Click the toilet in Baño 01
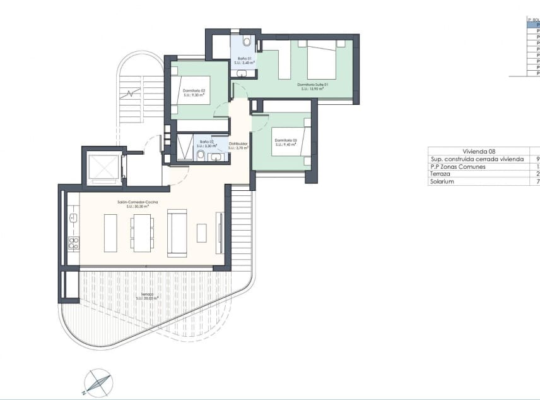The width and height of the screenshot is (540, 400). (x=247, y=42)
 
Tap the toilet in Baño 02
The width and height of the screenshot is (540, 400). (x=201, y=155)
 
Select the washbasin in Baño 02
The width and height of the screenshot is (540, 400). (x=216, y=157)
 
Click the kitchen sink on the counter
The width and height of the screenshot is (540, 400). (x=73, y=219)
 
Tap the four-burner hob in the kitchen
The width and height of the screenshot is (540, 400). (x=73, y=243)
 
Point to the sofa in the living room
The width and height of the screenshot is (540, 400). (x=177, y=233)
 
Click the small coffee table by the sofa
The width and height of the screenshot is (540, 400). (x=201, y=233)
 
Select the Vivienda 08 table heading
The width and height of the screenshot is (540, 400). (x=479, y=152)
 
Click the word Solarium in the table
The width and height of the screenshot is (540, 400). (x=442, y=181)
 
